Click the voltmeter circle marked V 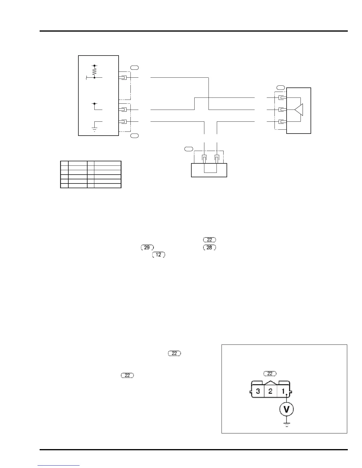[x=286, y=409]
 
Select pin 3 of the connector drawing [x=258, y=391]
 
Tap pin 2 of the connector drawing [x=270, y=391]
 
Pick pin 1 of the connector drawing [x=283, y=391]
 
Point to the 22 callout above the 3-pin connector [x=270, y=374]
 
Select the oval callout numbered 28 [x=209, y=248]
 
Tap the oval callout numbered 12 [x=159, y=254]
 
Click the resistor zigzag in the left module [x=94, y=71]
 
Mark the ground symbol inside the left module [x=94, y=129]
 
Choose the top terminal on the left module [x=124, y=78]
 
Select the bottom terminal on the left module [x=124, y=122]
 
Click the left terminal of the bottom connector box [x=204, y=159]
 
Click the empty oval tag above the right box [x=281, y=87]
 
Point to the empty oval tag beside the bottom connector [x=188, y=149]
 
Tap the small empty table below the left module [x=91, y=174]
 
